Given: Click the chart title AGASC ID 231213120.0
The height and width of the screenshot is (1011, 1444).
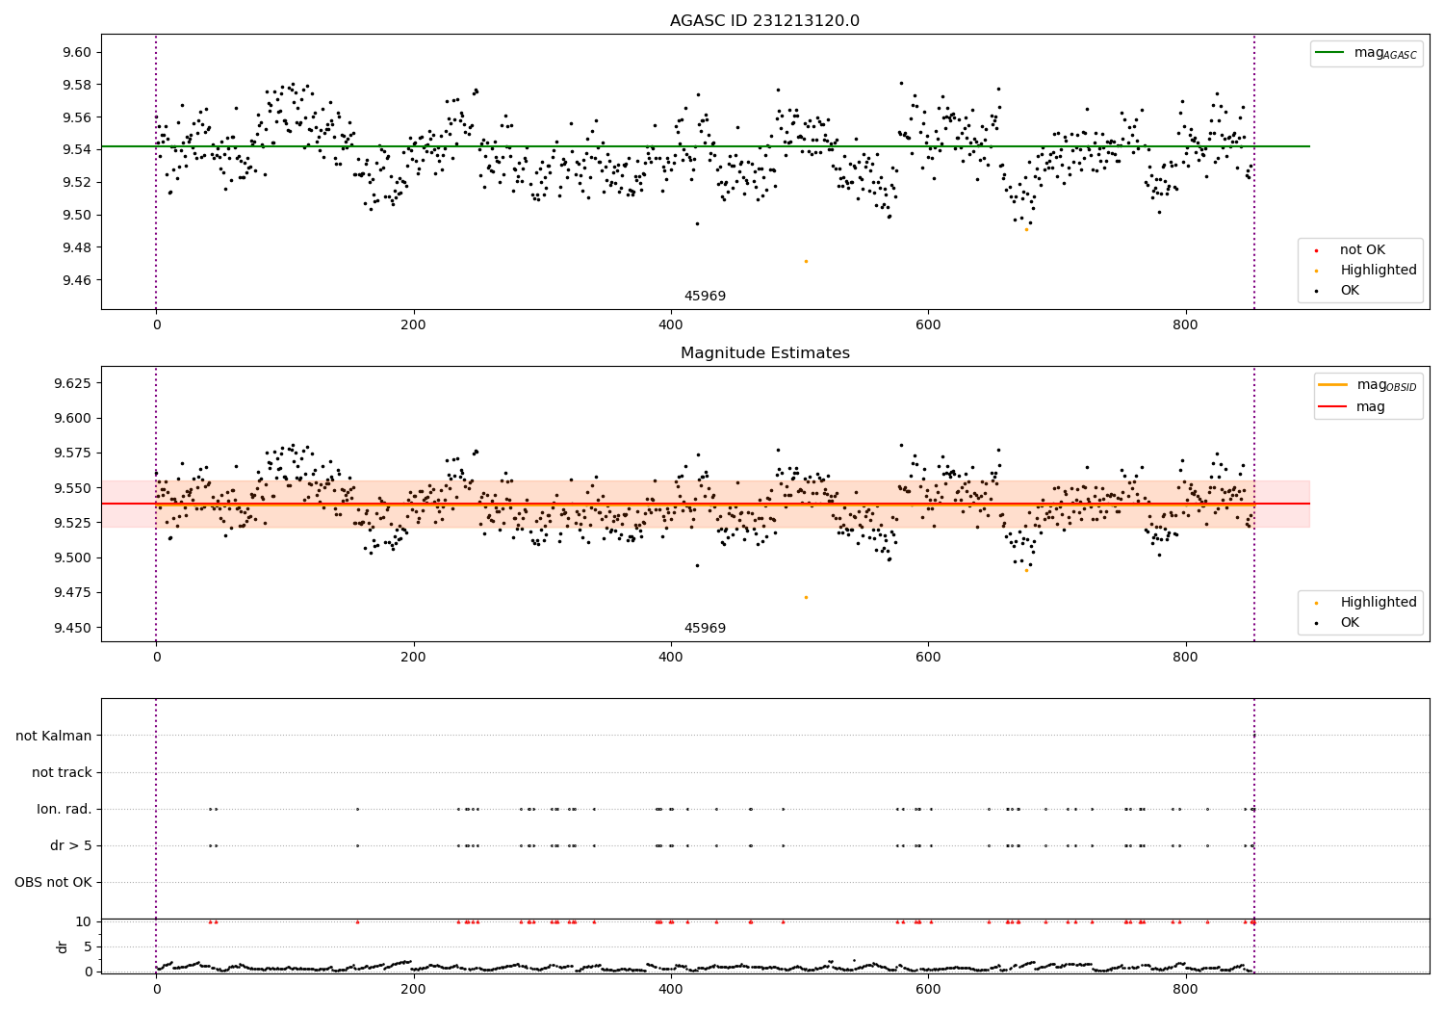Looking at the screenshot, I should (x=764, y=21).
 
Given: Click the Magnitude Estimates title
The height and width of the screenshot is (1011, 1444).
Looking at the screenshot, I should (x=764, y=353).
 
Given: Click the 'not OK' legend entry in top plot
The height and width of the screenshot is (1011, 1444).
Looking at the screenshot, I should (x=1362, y=250).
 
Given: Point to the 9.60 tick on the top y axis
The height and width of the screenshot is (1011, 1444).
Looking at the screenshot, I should (x=76, y=53).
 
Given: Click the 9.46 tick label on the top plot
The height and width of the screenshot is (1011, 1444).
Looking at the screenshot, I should (x=76, y=280).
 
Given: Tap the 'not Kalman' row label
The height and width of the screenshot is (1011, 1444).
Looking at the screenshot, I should (x=54, y=737).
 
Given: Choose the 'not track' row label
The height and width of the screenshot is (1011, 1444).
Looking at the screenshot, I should (x=62, y=773).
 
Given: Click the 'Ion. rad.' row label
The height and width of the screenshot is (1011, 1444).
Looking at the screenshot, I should (x=64, y=810).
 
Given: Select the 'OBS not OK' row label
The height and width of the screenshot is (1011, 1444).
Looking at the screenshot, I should (x=53, y=883).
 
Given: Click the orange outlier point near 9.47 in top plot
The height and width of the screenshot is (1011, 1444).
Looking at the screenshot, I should (x=806, y=262).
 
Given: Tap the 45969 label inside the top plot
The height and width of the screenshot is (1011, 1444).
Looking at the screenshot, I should (x=705, y=297).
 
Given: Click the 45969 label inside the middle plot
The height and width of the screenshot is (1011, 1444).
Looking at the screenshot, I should (x=705, y=629).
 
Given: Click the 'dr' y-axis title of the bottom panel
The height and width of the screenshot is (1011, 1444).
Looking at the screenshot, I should (x=63, y=946).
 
